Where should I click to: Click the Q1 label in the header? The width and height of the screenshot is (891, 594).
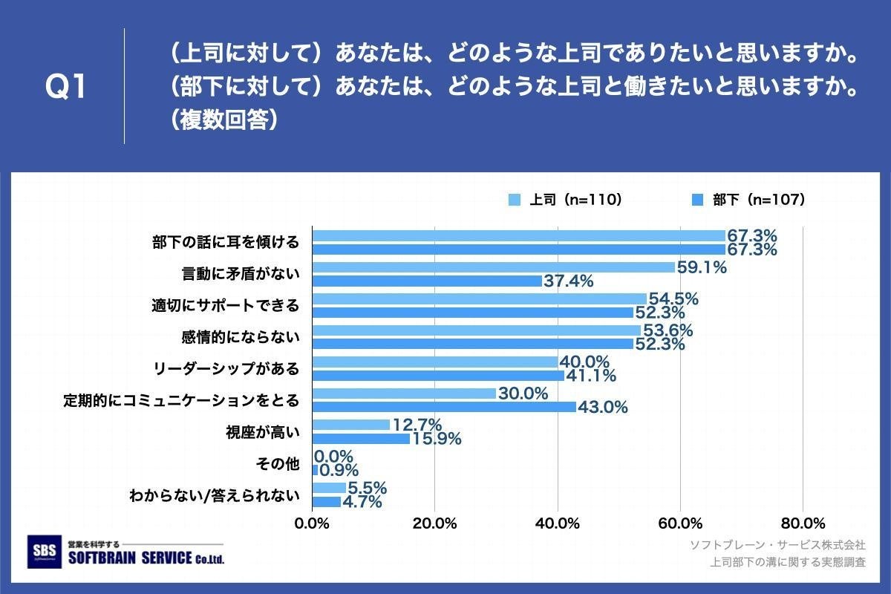click(66, 88)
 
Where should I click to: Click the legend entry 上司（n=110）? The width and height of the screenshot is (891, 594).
click(566, 200)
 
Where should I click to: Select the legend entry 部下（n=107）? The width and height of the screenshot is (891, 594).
click(748, 200)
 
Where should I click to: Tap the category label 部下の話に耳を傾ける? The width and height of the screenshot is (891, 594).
click(226, 242)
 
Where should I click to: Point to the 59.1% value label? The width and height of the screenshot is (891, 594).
click(700, 267)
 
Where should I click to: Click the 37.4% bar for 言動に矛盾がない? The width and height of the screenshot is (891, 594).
click(427, 281)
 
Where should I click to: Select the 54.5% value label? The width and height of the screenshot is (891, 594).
click(673, 298)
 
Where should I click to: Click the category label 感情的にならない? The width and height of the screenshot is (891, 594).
click(241, 337)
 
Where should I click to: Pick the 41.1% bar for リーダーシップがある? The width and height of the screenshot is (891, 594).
click(438, 375)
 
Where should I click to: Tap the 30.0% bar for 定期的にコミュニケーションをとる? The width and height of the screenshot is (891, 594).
click(404, 394)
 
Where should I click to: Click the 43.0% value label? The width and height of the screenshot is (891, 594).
click(602, 407)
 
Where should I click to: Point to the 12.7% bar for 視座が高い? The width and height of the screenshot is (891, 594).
click(351, 425)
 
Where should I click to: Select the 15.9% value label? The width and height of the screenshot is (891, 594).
click(436, 439)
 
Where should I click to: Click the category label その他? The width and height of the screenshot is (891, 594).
click(277, 464)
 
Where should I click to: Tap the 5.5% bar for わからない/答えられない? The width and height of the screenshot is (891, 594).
click(329, 488)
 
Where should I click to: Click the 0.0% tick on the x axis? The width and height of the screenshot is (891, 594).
click(312, 523)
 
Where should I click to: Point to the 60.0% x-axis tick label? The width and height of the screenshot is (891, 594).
click(680, 523)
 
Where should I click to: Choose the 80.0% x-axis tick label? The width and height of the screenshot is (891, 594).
click(803, 523)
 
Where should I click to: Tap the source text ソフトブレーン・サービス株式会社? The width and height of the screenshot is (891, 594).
click(777, 546)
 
